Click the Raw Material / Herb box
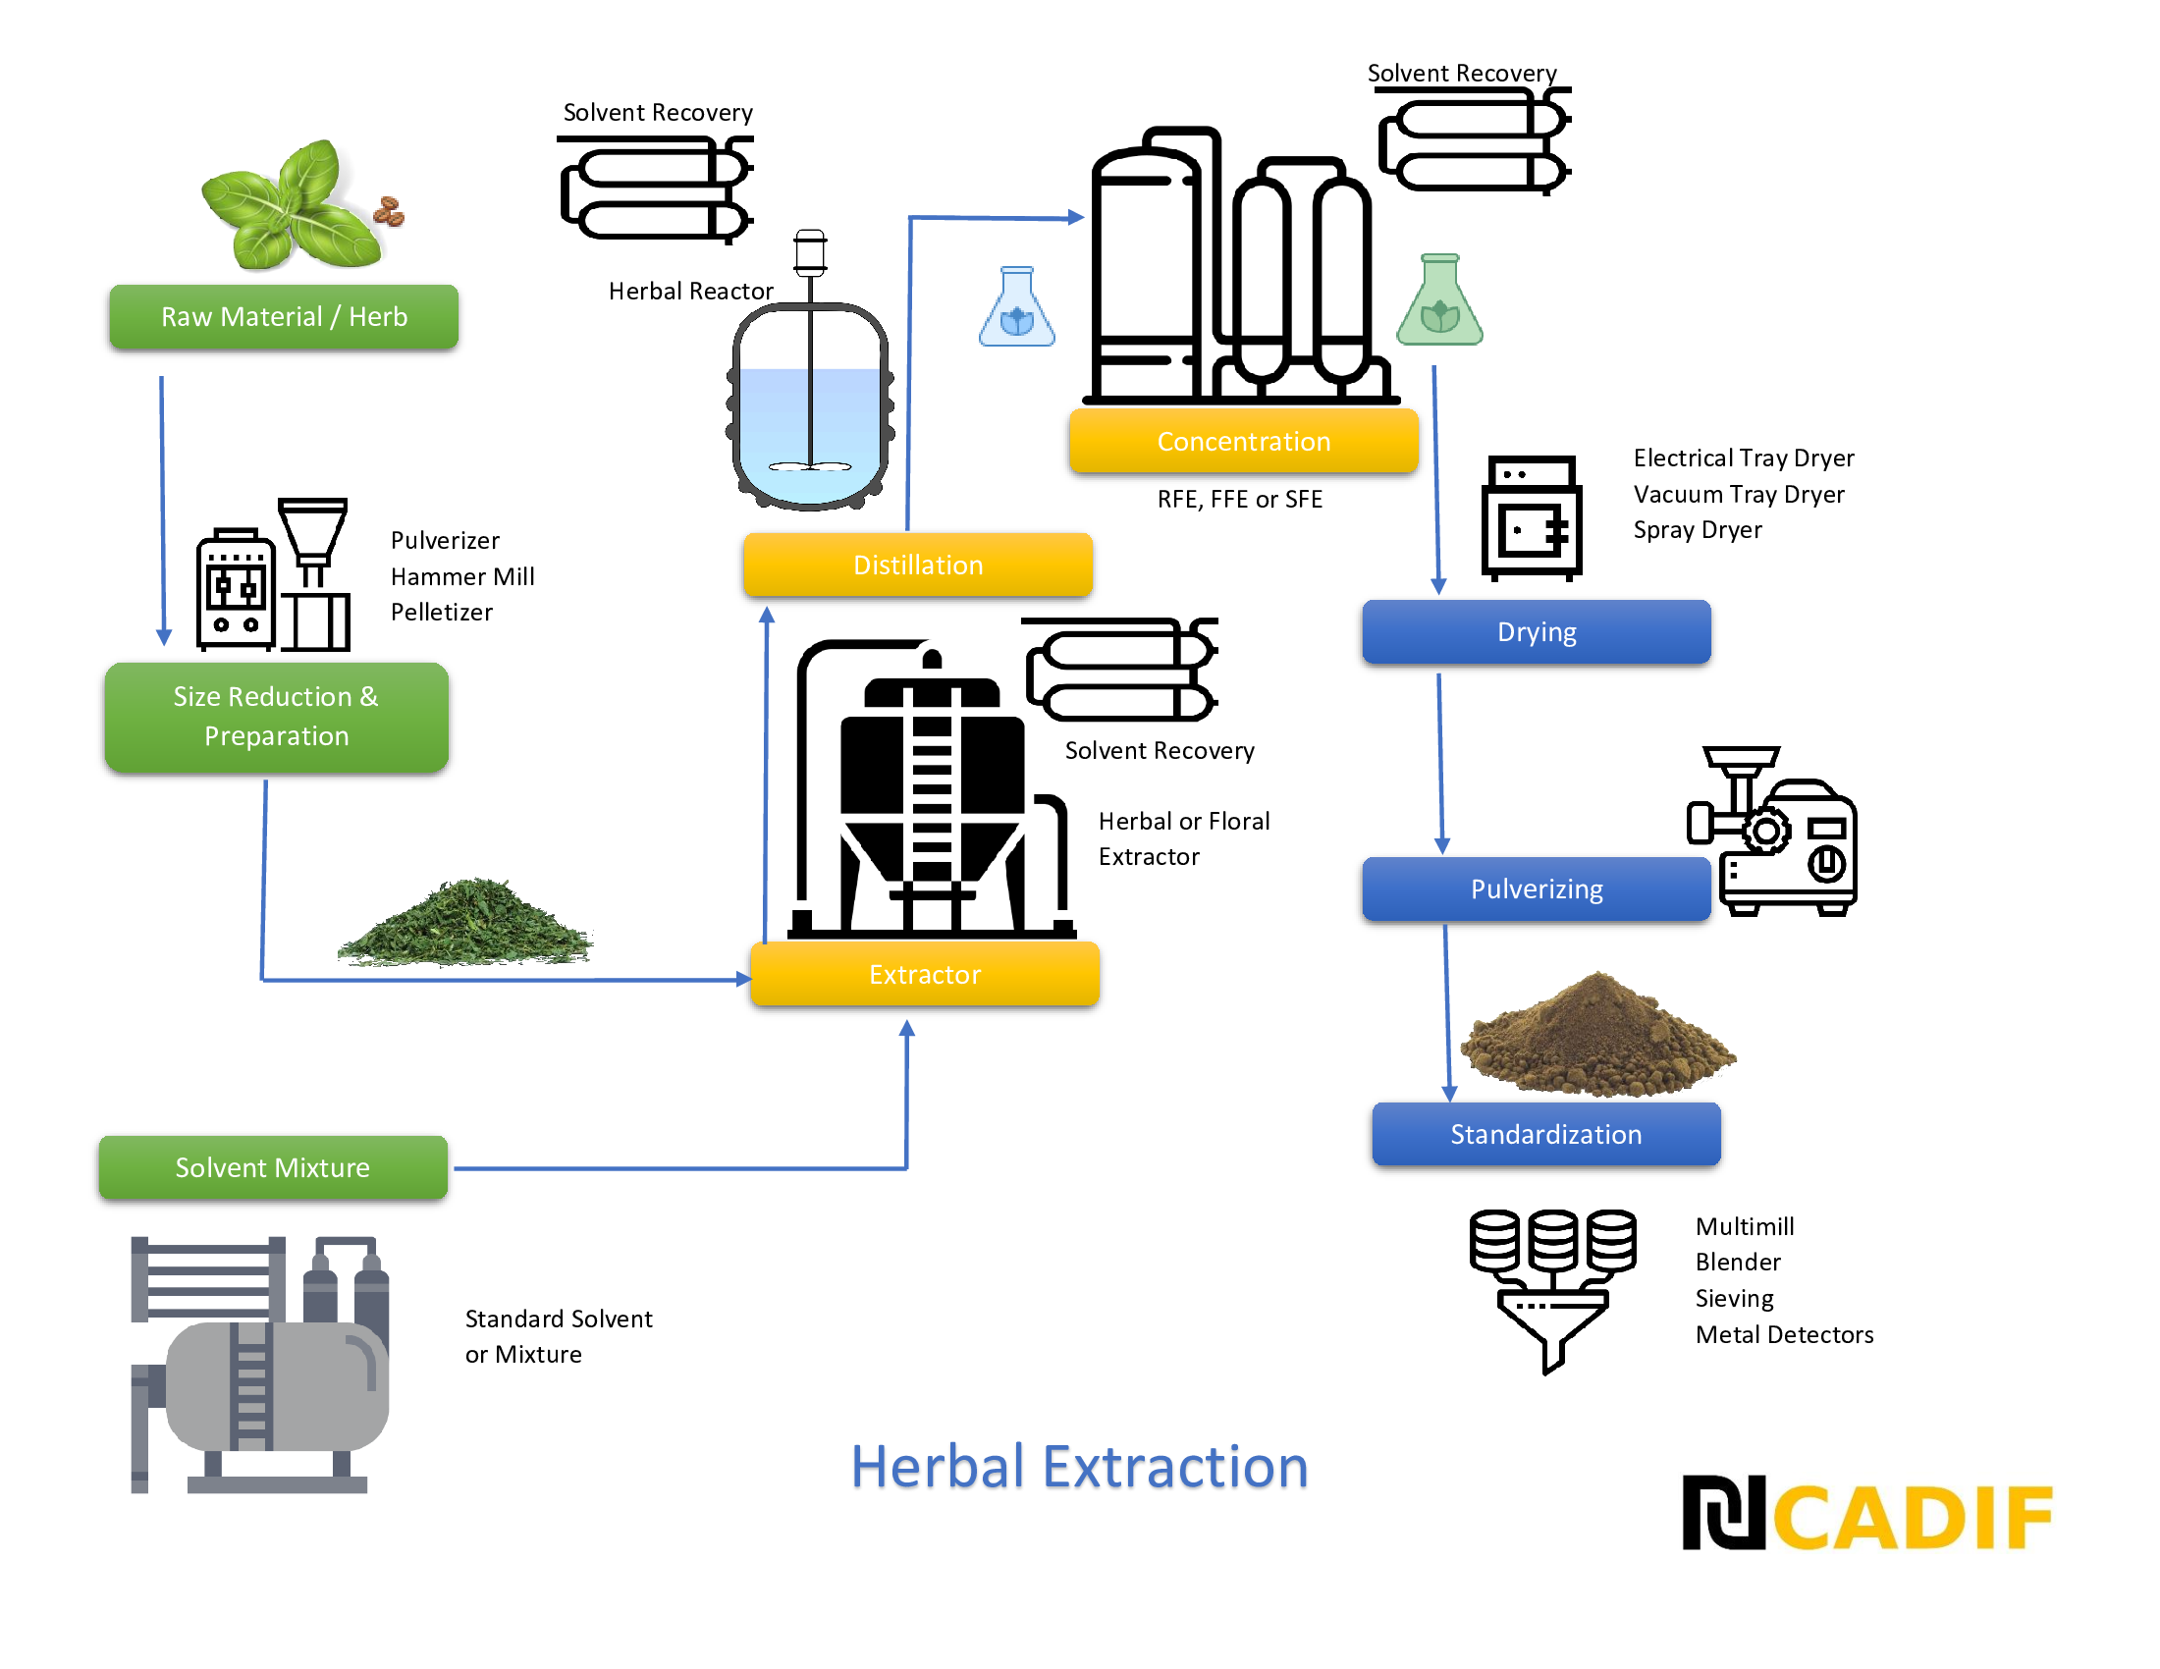pos(284,316)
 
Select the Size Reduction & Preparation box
pos(277,717)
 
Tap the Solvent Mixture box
pos(273,1167)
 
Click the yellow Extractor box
pos(925,974)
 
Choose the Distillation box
pos(918,565)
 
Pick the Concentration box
pos(1243,441)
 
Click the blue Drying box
pos(1536,632)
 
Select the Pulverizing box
pos(1536,888)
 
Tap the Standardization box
pos(1545,1134)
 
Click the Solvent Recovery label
pos(1167,749)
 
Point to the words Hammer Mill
pos(462,576)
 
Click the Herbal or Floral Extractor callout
pos(1192,837)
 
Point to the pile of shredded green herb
pos(464,925)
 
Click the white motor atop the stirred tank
pos(810,252)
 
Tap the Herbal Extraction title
pos(1079,1469)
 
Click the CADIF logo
pos(1867,1514)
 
